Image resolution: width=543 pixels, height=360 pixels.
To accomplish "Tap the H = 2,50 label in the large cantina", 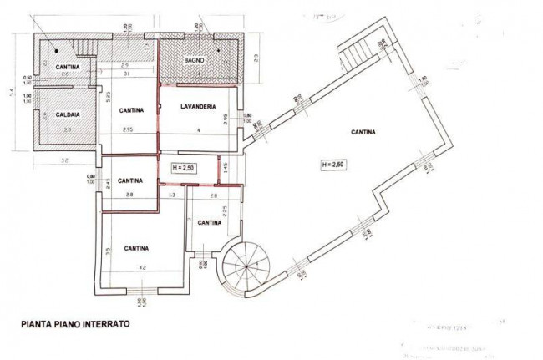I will click(332, 165).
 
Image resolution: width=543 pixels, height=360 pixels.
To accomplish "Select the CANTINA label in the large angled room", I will click(363, 131).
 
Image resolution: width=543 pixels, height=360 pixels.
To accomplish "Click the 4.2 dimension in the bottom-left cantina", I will click(142, 268).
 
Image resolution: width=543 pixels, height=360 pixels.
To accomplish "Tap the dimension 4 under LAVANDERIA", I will click(197, 131).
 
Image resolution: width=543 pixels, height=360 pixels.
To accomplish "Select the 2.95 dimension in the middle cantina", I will click(128, 131).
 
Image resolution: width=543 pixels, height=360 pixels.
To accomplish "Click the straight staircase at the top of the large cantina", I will click(353, 57).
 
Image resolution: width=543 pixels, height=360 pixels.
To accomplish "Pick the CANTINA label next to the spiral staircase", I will click(210, 222).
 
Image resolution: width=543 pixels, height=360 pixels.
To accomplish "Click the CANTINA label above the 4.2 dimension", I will click(136, 248).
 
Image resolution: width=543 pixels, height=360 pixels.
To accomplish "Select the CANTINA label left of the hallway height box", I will click(129, 180).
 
